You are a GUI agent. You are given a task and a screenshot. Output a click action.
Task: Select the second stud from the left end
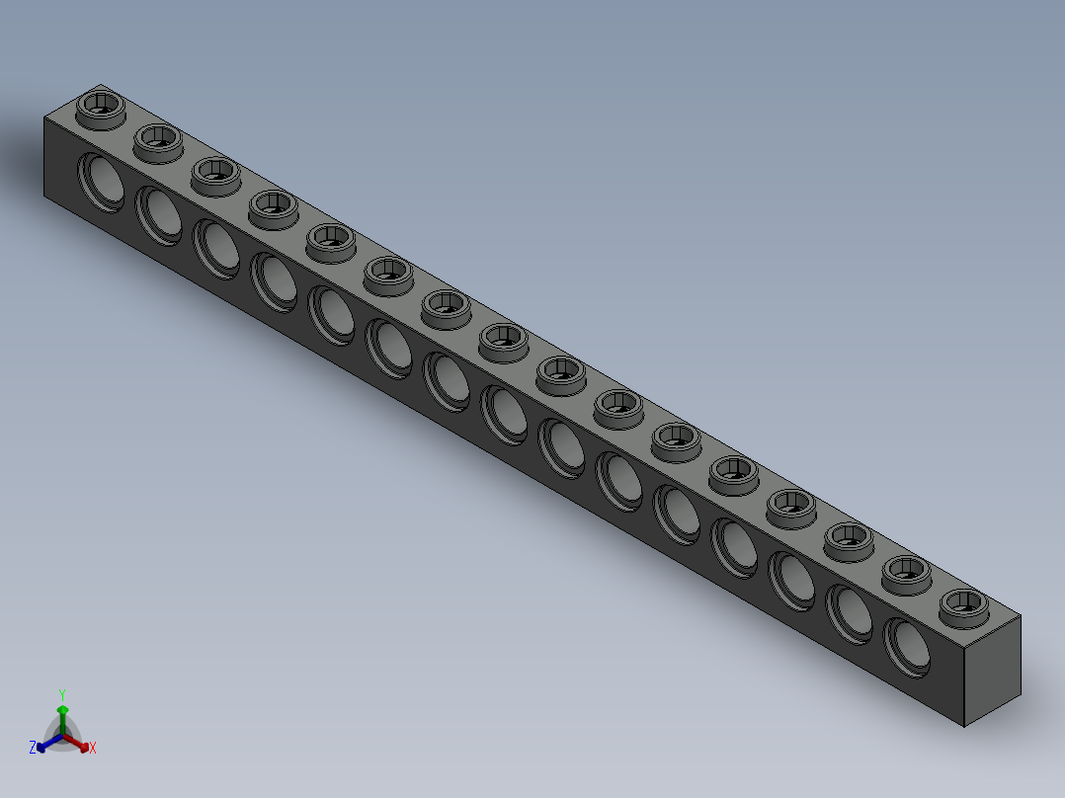pos(158,139)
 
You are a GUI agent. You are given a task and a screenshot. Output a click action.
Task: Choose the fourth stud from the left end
pos(273,205)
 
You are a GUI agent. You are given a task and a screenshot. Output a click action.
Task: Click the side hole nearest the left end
pos(102,181)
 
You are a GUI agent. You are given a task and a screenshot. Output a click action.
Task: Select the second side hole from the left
pos(159,213)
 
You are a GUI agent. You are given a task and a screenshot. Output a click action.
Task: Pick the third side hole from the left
pos(216,247)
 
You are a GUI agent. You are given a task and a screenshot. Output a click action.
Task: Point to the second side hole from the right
pos(850,613)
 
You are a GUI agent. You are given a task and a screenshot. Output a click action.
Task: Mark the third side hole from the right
pos(792,581)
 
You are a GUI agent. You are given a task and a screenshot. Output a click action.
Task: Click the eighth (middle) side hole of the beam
pos(504,414)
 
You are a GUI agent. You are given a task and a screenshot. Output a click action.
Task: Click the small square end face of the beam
pos(992,669)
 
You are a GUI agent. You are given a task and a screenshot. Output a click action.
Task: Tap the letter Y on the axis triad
pos(61,694)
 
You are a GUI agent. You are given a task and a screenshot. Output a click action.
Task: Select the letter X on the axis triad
pos(93,749)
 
